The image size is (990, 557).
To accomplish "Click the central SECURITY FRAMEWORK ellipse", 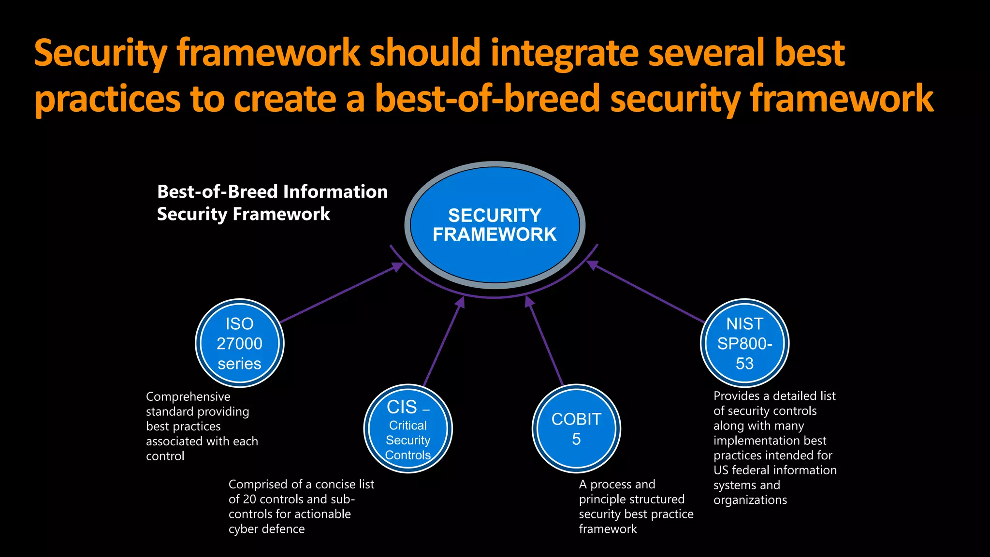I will click(x=495, y=225).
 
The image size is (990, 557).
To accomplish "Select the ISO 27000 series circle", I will click(x=239, y=343).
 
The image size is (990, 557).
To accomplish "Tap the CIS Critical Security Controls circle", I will click(x=408, y=429).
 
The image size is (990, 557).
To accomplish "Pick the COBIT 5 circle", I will click(x=576, y=429).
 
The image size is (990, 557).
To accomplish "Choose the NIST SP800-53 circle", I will click(x=744, y=343).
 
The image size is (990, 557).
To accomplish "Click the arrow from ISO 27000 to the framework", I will click(x=338, y=294).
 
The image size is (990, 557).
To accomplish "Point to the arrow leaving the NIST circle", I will click(x=648, y=293).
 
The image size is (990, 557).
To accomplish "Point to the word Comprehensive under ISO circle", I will click(x=188, y=396).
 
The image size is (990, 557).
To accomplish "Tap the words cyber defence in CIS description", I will click(x=266, y=529).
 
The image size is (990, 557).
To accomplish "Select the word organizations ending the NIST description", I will click(x=750, y=500).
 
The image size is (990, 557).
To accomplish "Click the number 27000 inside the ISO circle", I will click(x=239, y=344).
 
